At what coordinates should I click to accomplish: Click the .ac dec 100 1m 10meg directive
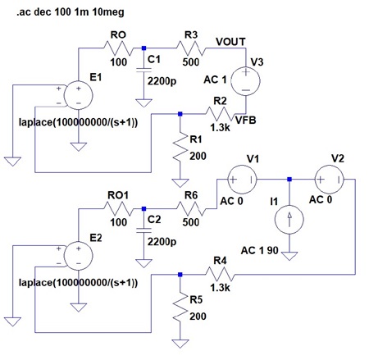71,12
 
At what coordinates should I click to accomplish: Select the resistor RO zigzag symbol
118,48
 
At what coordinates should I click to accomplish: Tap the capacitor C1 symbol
143,70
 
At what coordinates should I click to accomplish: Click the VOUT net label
230,42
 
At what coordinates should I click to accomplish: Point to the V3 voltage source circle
245,81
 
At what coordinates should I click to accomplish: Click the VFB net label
246,121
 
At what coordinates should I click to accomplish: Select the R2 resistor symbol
220,114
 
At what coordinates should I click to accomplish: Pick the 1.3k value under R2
220,128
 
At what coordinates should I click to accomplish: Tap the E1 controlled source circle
78,95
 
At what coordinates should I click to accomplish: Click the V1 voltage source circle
242,180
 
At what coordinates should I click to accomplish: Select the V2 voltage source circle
330,180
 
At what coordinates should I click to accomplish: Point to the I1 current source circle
289,220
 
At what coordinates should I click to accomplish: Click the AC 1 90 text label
259,250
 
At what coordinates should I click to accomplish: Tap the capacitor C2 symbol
143,230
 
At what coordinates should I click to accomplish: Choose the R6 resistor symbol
191,209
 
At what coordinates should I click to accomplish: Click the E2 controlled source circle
78,256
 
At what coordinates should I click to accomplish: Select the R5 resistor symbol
180,308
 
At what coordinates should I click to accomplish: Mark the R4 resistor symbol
220,275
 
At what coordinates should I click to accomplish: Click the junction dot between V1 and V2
289,180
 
